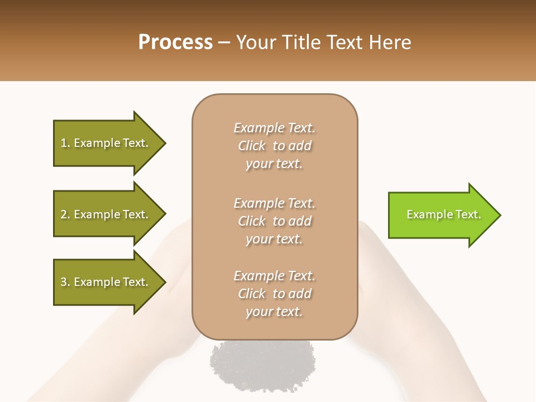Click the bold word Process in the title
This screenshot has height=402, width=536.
(x=175, y=42)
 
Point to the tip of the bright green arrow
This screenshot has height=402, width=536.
(x=499, y=215)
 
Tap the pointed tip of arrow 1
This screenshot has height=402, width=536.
(x=164, y=143)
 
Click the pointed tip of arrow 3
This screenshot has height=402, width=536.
(x=164, y=282)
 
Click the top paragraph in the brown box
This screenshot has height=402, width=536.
(x=274, y=146)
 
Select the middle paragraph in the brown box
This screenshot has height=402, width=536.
(x=274, y=221)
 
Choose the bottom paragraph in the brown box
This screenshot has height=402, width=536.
(x=274, y=294)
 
